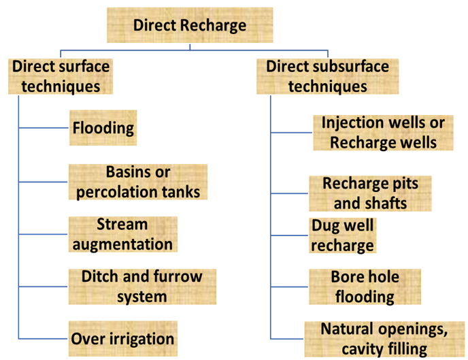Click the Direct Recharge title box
pos(190,26)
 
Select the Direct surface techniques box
pos(61,76)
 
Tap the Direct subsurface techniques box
pos(327,76)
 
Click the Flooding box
pos(103,128)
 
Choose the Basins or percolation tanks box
pos(138,182)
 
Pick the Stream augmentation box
pos(122,234)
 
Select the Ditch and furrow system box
pos(142,287)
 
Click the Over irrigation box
pos(123,338)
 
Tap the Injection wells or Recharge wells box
pos(383,133)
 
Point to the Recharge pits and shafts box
pos(371,193)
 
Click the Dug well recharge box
pos(343,235)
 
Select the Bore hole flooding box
pos(365,287)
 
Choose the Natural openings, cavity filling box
pos(384,339)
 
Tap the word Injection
pos(347,123)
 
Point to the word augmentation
pos(122,244)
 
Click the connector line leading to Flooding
pos(44,128)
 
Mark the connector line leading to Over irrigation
pos(44,338)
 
